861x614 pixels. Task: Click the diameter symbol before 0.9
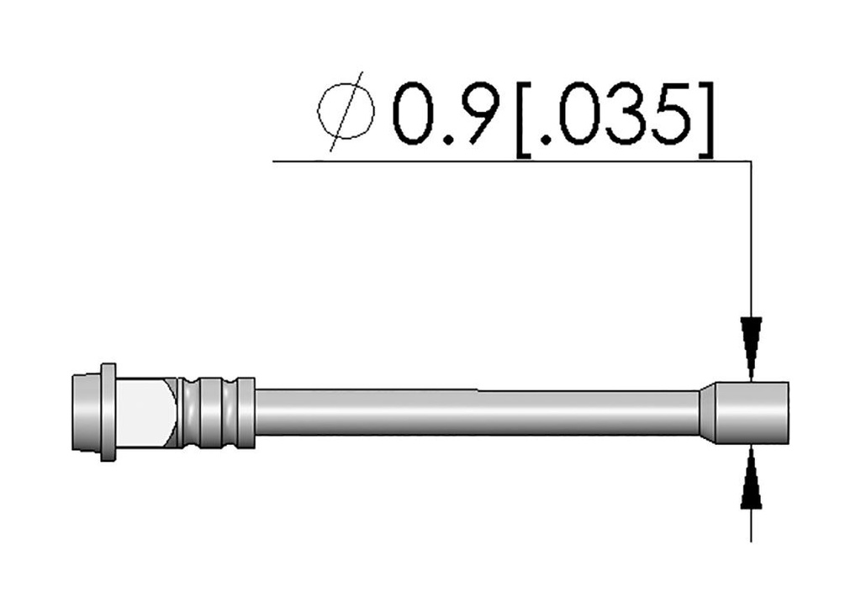coord(346,112)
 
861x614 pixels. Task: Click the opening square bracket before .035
coord(522,119)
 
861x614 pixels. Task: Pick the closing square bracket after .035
coord(706,119)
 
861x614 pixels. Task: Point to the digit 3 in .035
coord(626,114)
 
